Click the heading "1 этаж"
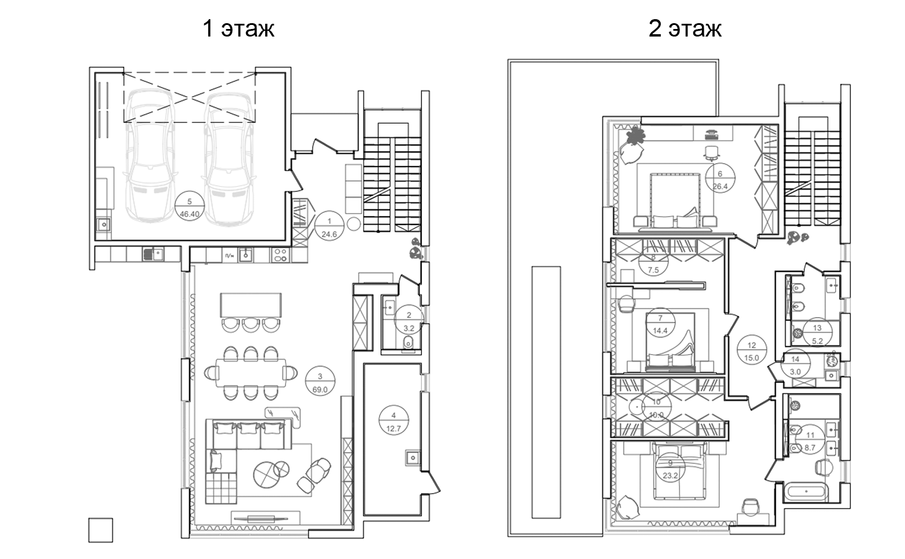(238, 28)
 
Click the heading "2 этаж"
(685, 28)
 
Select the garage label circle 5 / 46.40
(190, 208)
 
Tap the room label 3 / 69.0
(320, 383)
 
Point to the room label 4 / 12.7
(394, 422)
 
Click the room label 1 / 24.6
(329, 227)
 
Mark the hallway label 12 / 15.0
(752, 351)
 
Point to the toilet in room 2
(408, 342)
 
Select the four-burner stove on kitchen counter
(280, 255)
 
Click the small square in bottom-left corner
(100, 529)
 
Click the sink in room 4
(413, 458)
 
